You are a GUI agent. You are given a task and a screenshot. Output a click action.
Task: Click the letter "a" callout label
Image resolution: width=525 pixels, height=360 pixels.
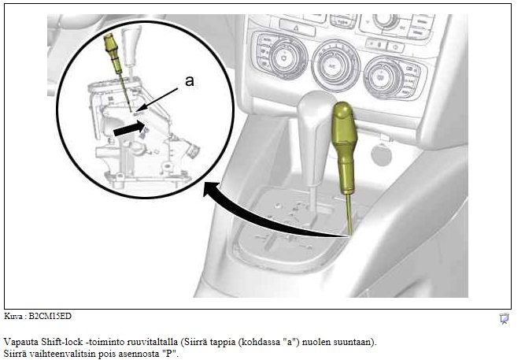tap(190, 81)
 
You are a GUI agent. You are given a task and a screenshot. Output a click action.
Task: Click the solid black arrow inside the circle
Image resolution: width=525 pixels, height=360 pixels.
tap(129, 128)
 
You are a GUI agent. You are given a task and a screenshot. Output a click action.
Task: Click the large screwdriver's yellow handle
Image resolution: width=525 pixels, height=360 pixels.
tap(345, 148)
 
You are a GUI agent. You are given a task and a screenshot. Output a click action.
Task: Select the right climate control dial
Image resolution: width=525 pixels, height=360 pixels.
tap(381, 78)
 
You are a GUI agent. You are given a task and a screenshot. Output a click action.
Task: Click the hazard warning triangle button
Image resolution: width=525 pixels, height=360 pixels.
tap(297, 28)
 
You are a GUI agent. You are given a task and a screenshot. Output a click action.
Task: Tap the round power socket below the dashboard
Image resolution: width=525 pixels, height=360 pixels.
tap(382, 154)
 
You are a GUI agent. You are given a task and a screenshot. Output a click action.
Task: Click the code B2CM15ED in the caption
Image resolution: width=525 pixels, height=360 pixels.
tap(50, 316)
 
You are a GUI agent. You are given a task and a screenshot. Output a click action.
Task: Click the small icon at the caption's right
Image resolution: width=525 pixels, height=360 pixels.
tap(504, 318)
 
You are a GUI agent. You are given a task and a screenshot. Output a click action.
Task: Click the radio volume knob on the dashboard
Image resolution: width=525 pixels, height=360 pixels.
tap(384, 21)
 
